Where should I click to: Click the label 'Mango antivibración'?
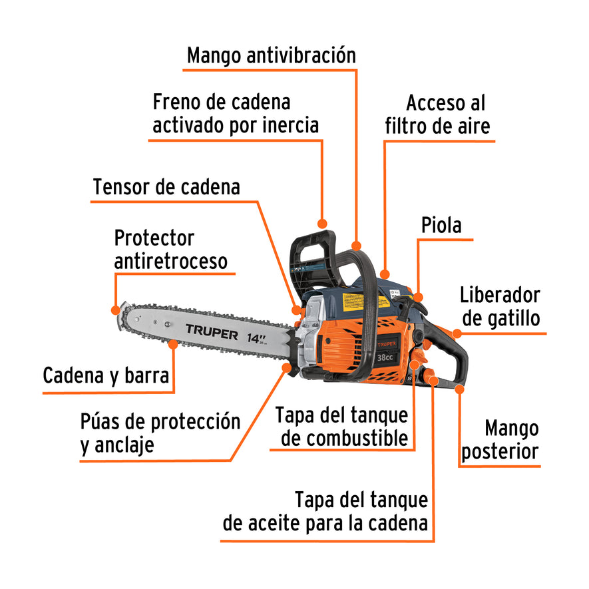tap(271, 55)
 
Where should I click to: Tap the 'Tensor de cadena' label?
tap(166, 187)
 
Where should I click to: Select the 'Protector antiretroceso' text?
tap(170, 250)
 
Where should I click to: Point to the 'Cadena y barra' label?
tap(106, 375)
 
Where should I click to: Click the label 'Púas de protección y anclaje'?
tap(160, 433)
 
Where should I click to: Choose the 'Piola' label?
tap(441, 225)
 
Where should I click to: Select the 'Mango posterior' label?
tap(500, 440)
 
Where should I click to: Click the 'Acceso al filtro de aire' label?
tap(438, 114)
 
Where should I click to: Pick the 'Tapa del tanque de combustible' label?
tap(342, 427)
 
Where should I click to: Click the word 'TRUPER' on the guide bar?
tap(211, 332)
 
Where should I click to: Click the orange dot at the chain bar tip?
tap(117, 309)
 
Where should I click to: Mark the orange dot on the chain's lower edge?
tap(173, 344)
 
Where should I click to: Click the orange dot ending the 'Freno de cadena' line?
tap(323, 224)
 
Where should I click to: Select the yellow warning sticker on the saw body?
tap(353, 301)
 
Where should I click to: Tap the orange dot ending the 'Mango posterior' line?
tap(459, 389)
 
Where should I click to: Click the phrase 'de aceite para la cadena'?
tap(325, 523)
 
